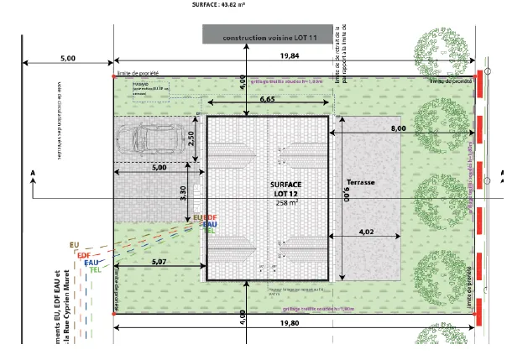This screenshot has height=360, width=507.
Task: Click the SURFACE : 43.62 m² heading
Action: click(216, 4)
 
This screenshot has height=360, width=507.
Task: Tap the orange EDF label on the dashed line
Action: click(83, 254)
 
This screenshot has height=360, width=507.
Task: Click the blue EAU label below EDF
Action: click(90, 263)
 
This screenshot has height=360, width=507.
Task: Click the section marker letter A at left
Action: click(32, 173)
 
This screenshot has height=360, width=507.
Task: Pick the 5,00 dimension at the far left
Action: click(68, 58)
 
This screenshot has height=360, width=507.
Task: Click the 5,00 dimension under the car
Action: click(159, 168)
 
